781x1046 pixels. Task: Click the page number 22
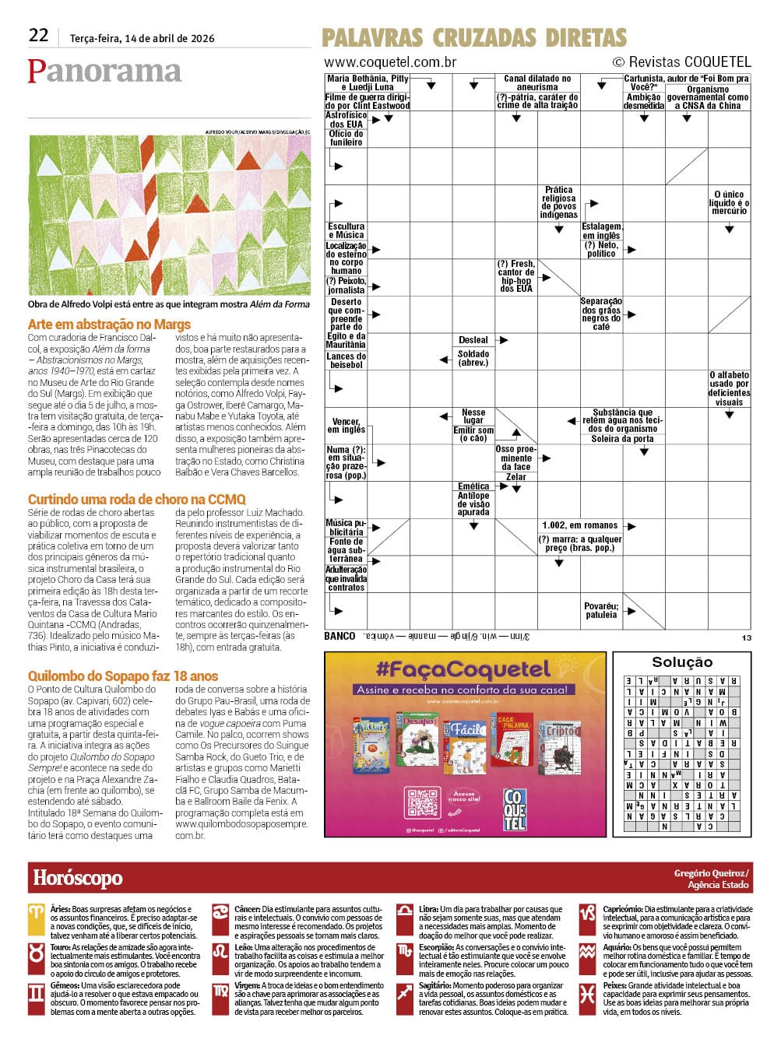click(x=39, y=35)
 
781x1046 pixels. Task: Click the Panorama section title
click(x=104, y=71)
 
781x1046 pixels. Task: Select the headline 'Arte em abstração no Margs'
click(x=109, y=325)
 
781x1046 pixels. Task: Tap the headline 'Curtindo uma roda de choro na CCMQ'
click(x=136, y=500)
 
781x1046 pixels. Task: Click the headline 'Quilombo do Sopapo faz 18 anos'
click(x=123, y=676)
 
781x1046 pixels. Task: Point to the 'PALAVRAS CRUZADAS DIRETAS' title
click(x=474, y=37)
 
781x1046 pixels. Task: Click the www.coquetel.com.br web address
click(x=390, y=62)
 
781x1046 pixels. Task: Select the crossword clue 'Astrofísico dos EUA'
click(x=346, y=119)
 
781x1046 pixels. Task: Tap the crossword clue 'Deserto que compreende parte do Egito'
click(x=346, y=318)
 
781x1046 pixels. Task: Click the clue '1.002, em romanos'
click(x=580, y=525)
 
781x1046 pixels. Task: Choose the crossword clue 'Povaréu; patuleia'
click(x=601, y=610)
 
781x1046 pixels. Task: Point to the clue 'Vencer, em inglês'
click(x=346, y=425)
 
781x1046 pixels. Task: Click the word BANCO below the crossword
click(x=339, y=636)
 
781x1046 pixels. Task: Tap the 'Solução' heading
click(x=682, y=662)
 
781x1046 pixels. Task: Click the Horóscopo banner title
click(x=78, y=878)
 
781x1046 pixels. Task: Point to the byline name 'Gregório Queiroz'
click(x=711, y=873)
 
